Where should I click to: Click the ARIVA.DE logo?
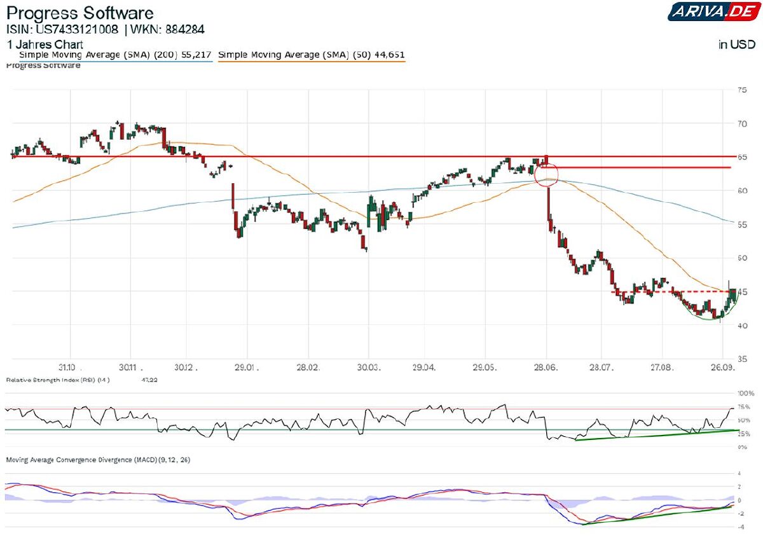[x=711, y=11]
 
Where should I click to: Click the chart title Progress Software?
[x=79, y=13]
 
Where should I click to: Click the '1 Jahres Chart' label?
[x=45, y=45]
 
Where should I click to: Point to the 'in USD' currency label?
[x=737, y=45]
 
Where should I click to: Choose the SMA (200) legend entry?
[x=114, y=55]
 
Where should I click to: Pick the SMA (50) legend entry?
[x=311, y=55]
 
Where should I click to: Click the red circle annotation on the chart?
[x=546, y=173]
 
